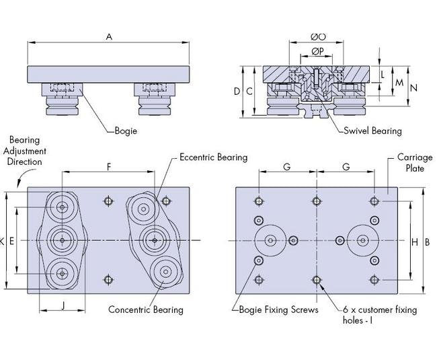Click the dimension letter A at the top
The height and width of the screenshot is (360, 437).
tap(109, 38)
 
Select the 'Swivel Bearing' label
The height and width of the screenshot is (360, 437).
tap(372, 131)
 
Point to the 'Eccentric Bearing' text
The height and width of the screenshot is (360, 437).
tap(213, 157)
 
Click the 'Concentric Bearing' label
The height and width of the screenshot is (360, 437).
tap(146, 310)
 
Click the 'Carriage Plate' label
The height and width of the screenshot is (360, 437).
tap(410, 162)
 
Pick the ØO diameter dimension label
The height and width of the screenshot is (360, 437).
tap(318, 36)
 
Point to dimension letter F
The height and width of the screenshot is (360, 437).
tap(109, 165)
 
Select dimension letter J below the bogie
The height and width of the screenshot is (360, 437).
tap(63, 305)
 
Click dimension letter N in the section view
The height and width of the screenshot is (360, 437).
tap(414, 87)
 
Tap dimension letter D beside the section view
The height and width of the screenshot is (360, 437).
tap(237, 91)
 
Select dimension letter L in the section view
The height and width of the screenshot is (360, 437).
tap(383, 75)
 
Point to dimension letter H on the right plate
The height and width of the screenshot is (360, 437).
tap(414, 242)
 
